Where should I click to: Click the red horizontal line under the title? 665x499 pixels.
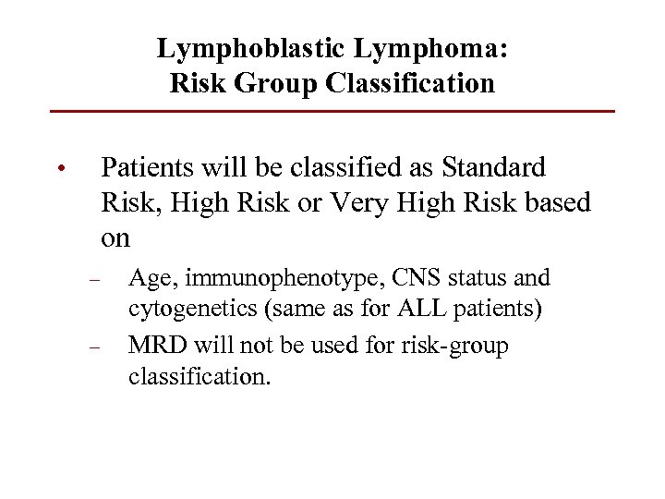(332, 112)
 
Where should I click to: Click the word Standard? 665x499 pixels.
(494, 167)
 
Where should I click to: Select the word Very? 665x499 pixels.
(364, 202)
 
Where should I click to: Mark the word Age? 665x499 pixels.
(150, 278)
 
